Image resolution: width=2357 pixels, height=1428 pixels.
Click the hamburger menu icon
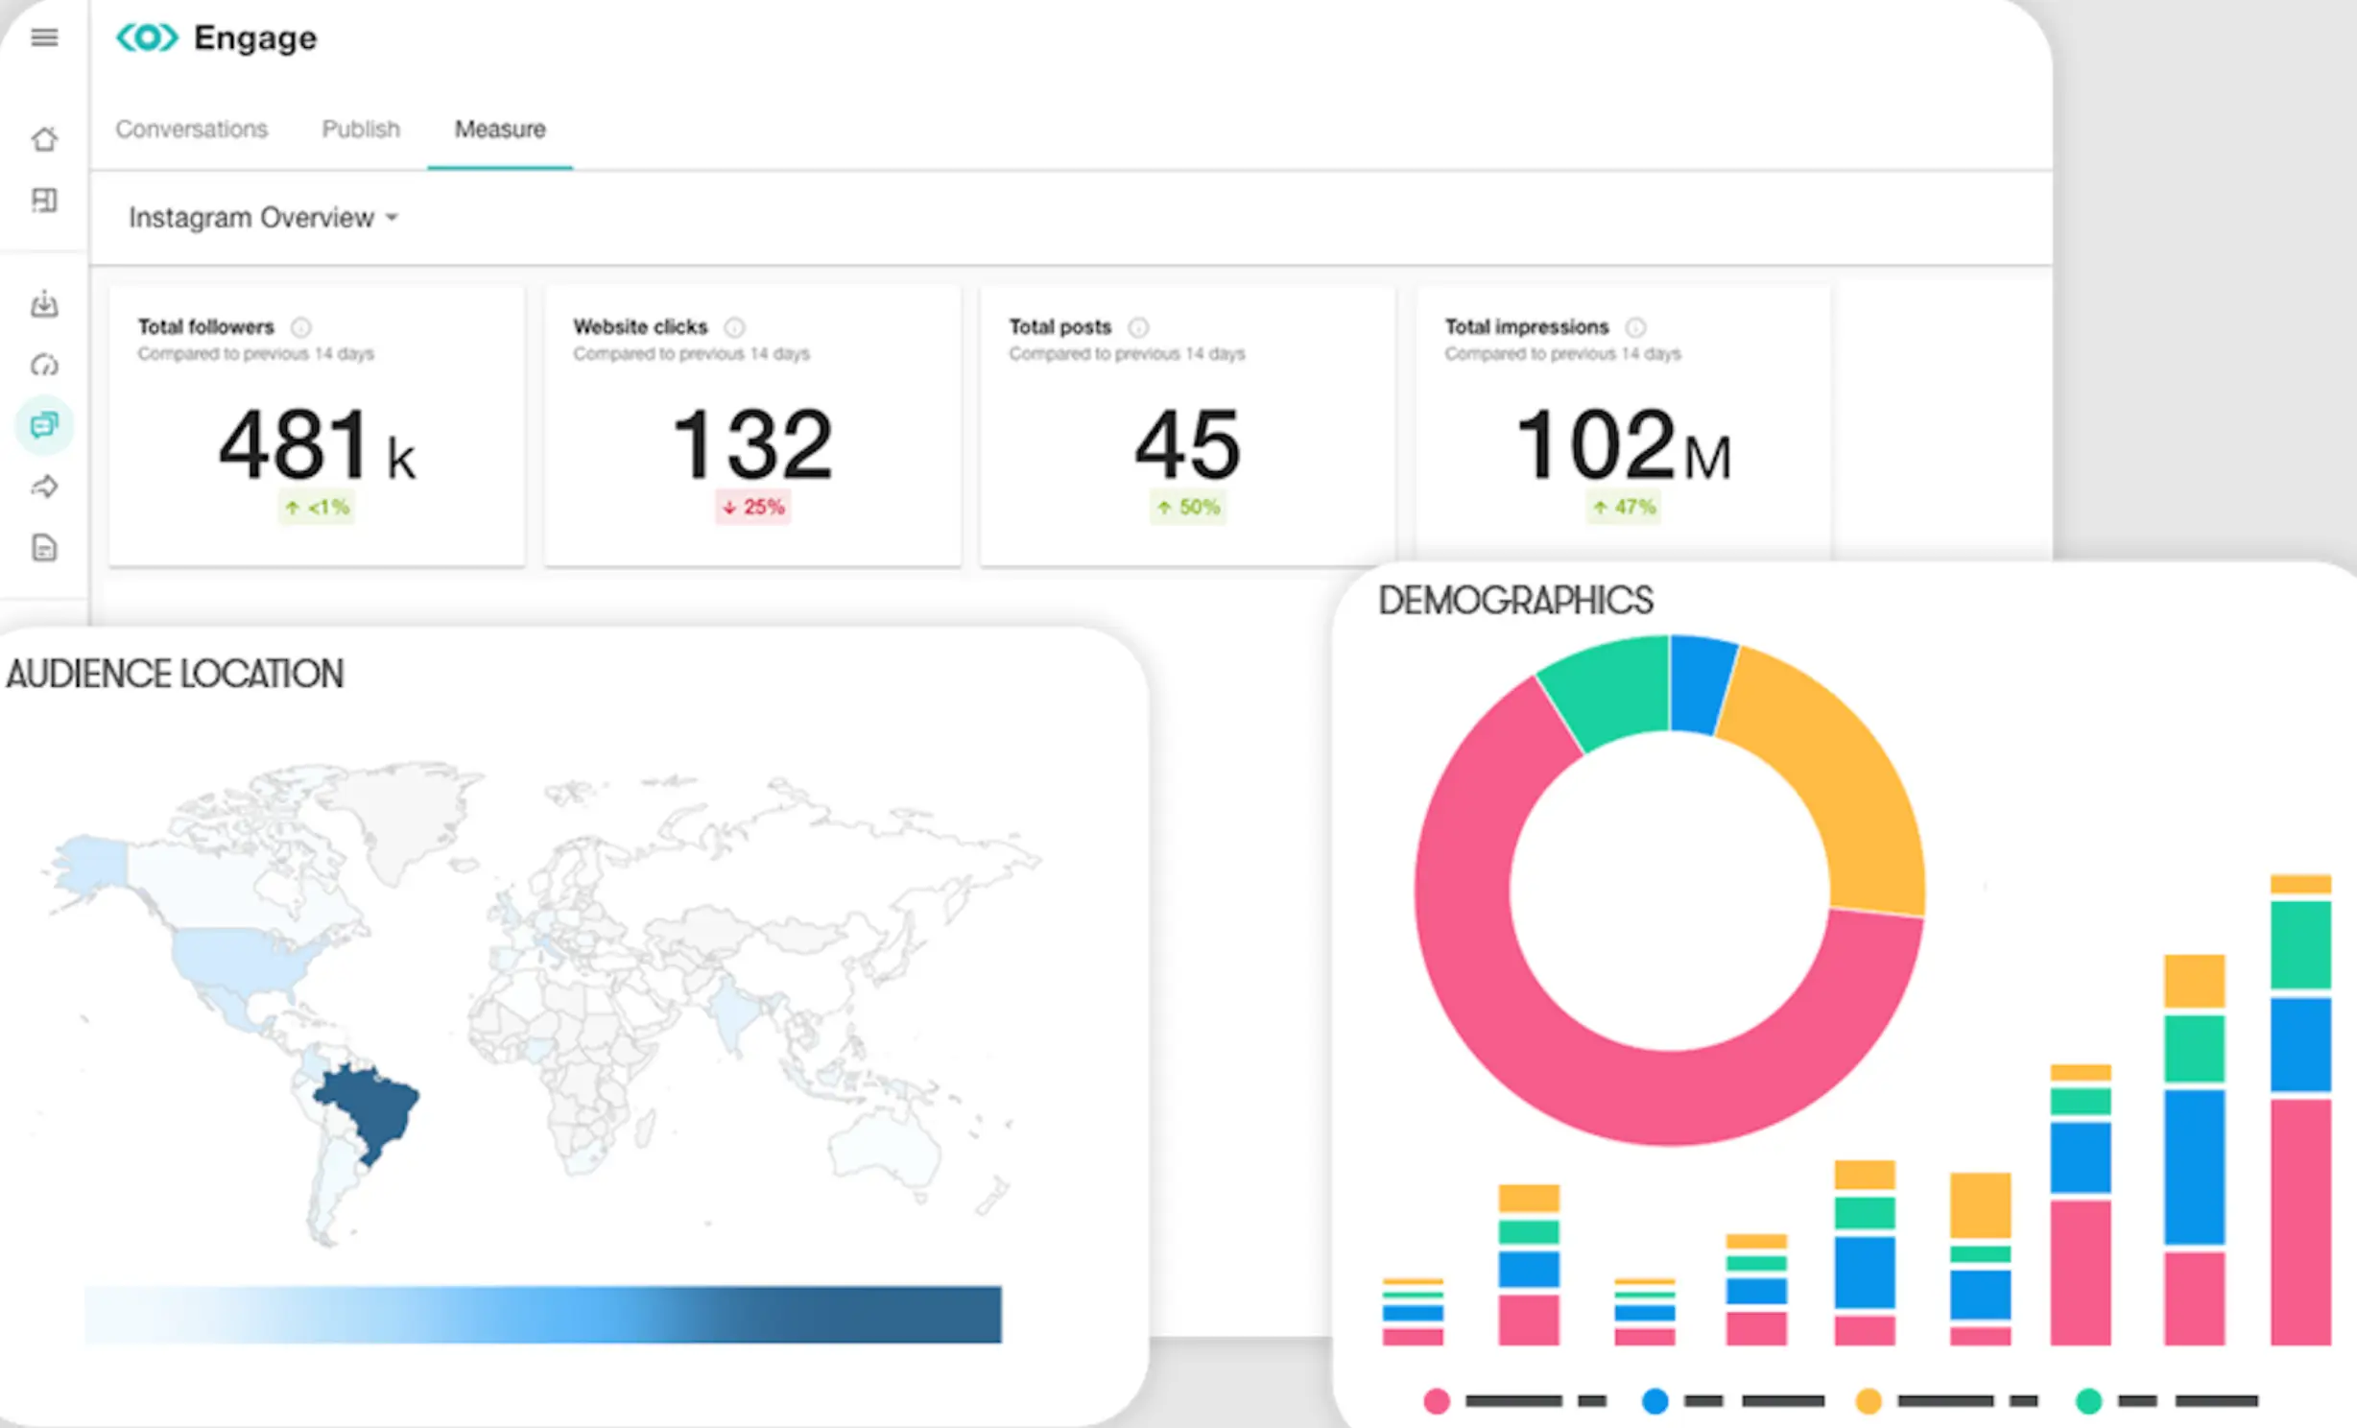44,37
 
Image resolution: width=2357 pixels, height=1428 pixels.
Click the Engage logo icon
147,37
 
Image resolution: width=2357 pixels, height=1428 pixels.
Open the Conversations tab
191,129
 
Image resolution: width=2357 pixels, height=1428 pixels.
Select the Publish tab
360,129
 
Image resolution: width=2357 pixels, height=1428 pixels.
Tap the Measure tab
499,129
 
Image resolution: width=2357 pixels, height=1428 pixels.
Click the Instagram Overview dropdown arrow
392,218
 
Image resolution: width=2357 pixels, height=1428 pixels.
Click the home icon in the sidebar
44,140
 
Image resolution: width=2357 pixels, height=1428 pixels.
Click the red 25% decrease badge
752,507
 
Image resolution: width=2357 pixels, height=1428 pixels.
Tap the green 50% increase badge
1188,507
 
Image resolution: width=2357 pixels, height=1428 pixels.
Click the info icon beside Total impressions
1635,327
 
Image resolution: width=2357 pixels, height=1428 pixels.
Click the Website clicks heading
640,326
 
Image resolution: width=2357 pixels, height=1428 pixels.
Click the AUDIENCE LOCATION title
175,674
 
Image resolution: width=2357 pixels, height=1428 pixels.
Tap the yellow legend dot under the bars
1868,1401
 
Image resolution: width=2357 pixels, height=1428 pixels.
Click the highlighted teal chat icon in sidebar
44,425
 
